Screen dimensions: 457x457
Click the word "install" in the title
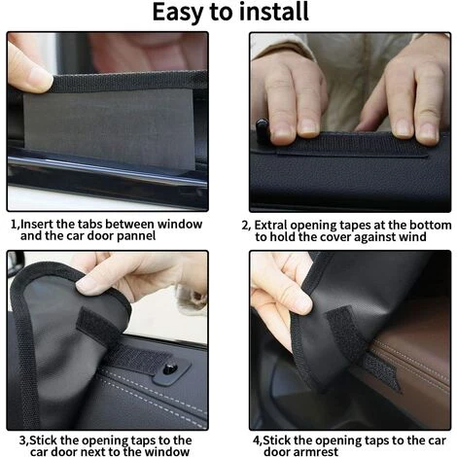(274, 12)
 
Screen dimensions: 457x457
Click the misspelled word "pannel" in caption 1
(136, 236)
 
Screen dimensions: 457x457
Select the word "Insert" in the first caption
(37, 224)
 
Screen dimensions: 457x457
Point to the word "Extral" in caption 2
(270, 225)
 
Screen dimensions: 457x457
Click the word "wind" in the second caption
(412, 237)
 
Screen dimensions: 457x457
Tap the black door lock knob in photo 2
(262, 130)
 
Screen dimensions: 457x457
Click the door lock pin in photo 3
(170, 369)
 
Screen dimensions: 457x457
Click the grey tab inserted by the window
(109, 129)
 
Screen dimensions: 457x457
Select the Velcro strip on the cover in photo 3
(97, 326)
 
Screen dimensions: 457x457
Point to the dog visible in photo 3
(192, 297)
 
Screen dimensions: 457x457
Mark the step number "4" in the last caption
(257, 440)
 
